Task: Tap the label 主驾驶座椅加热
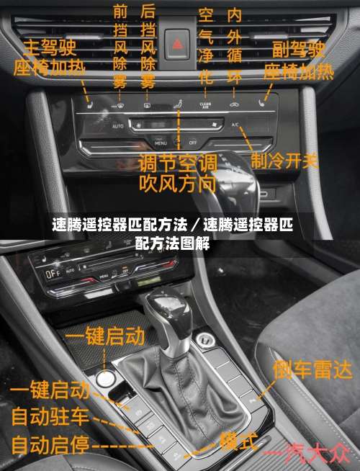[50, 58]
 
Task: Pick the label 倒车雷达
[312, 370]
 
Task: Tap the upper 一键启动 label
[105, 336]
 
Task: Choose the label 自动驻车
[50, 416]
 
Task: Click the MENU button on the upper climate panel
[160, 143]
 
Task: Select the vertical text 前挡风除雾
[120, 48]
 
